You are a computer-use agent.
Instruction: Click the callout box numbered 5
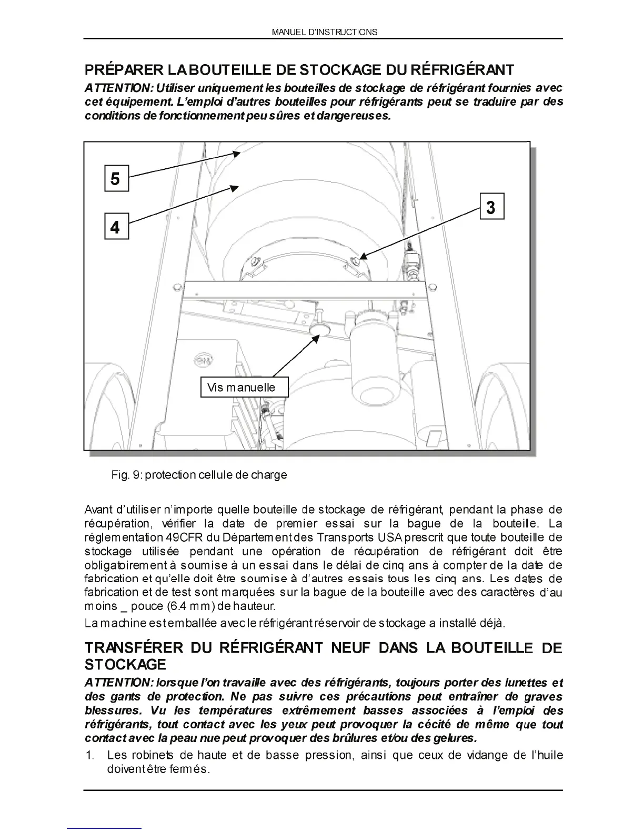pyautogui.click(x=115, y=179)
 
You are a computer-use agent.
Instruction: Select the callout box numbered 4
pyautogui.click(x=115, y=227)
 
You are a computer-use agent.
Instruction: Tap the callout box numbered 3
pyautogui.click(x=491, y=207)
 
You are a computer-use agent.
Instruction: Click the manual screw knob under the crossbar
pyautogui.click(x=318, y=328)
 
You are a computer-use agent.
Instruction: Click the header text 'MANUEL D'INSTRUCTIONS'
pyautogui.click(x=324, y=32)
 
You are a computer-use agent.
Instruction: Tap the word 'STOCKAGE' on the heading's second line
pyautogui.click(x=125, y=665)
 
